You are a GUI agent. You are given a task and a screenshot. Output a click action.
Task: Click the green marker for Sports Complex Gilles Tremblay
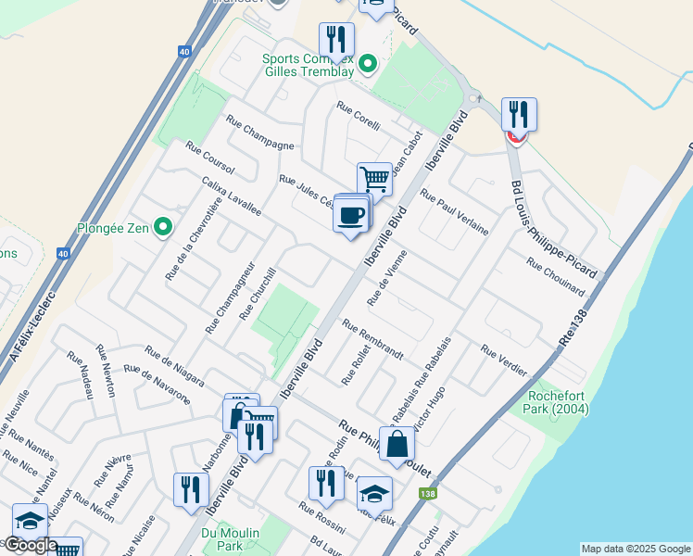pos(368,64)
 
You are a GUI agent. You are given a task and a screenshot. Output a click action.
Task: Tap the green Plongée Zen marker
pos(163,226)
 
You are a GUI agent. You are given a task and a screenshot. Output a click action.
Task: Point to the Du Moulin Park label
pos(228,539)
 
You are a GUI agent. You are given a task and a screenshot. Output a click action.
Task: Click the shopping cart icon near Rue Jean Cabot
pos(374,178)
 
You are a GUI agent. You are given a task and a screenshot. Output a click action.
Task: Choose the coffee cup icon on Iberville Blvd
pos(351,215)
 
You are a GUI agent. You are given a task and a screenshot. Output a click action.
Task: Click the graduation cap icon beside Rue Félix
pos(374,492)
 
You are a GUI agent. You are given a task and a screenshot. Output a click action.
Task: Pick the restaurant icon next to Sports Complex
pos(336,39)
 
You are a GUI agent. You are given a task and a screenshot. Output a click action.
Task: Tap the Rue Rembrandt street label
pos(372,339)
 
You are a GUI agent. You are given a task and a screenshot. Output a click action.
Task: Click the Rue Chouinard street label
pos(555,276)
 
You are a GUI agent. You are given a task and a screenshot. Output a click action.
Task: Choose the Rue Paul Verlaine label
pos(454,211)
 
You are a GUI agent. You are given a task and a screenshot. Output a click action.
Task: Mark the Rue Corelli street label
pos(359,118)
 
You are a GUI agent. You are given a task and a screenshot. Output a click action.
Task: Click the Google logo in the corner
pos(31,545)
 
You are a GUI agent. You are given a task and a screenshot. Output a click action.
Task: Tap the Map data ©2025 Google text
pos(636,549)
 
